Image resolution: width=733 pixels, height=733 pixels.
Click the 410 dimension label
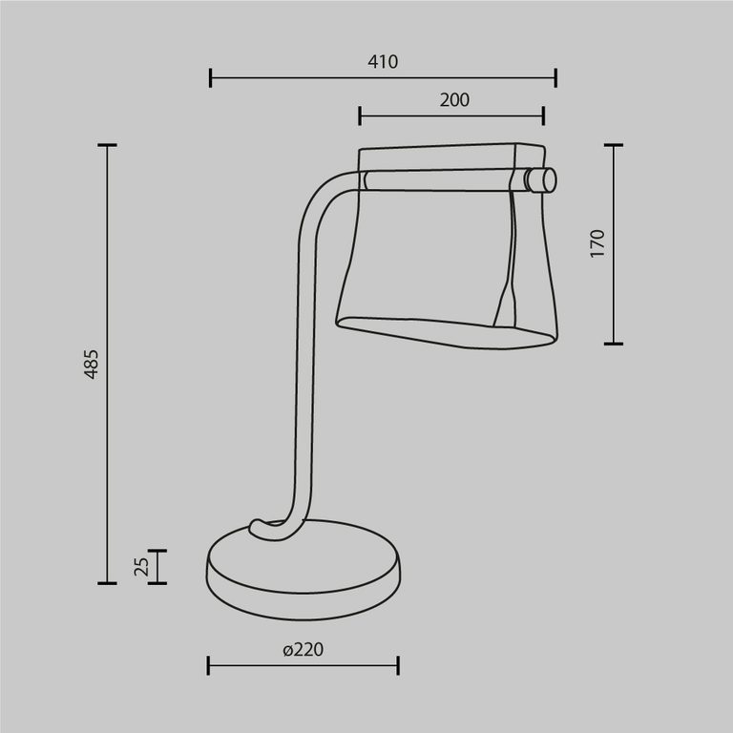pyautogui.click(x=382, y=62)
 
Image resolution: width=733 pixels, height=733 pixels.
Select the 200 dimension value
pyautogui.click(x=453, y=99)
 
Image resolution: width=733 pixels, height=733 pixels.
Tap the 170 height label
pyautogui.click(x=597, y=244)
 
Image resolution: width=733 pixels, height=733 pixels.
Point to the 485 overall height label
pyautogui.click(x=91, y=365)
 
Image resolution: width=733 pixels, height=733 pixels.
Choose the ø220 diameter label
pyautogui.click(x=304, y=650)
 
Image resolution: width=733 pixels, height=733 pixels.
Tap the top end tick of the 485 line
pyautogui.click(x=107, y=146)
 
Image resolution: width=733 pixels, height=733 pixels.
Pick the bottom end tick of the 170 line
pyautogui.click(x=613, y=343)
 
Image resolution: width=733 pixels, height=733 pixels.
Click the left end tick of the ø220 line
pyautogui.click(x=209, y=665)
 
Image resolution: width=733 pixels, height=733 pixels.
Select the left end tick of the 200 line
pyautogui.click(x=360, y=115)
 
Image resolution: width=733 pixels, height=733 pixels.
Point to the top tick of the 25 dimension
pyautogui.click(x=157, y=551)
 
